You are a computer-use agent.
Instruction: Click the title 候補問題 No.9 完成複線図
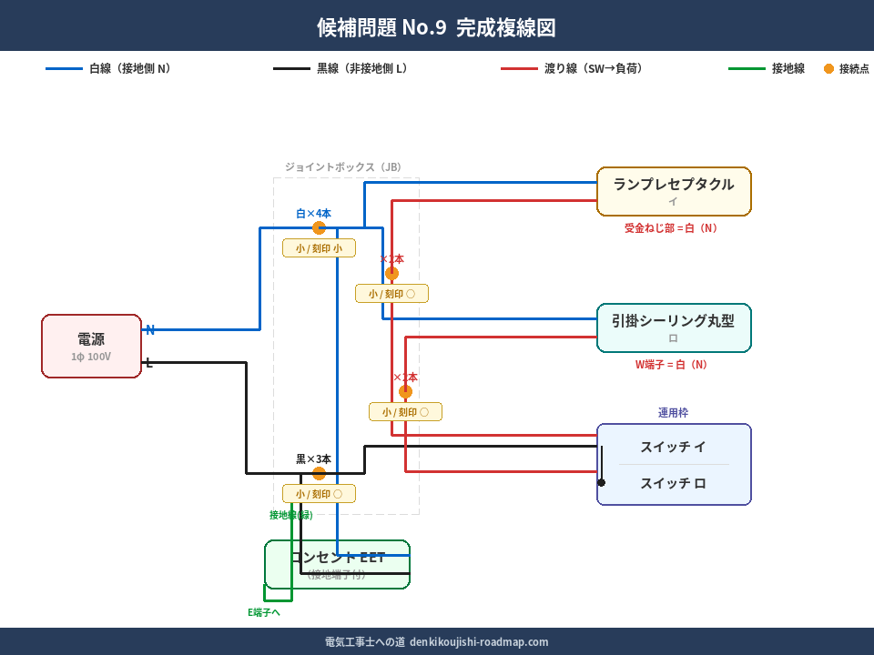pos(436,27)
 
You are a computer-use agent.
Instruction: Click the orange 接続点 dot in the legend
pos(828,68)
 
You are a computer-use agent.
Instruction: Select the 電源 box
pos(91,346)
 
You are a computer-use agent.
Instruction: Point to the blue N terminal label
pos(150,330)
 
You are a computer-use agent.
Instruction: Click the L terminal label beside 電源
pos(149,363)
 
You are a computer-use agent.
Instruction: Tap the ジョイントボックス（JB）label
pos(342,167)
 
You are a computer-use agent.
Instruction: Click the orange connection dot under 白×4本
pos(319,228)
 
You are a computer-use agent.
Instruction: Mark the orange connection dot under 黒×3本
pos(319,473)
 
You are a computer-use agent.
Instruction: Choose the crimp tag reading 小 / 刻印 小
pos(319,248)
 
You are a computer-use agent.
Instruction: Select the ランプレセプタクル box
pos(674,191)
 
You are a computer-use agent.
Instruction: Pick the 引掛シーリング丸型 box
pos(674,327)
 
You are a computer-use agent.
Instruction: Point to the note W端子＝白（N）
pos(671,365)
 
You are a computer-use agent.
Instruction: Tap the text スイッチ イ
pos(673,447)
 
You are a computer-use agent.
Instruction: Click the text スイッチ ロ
pos(673,483)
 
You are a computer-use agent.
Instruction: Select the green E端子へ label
pos(264,612)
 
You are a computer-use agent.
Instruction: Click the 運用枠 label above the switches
pos(673,413)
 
